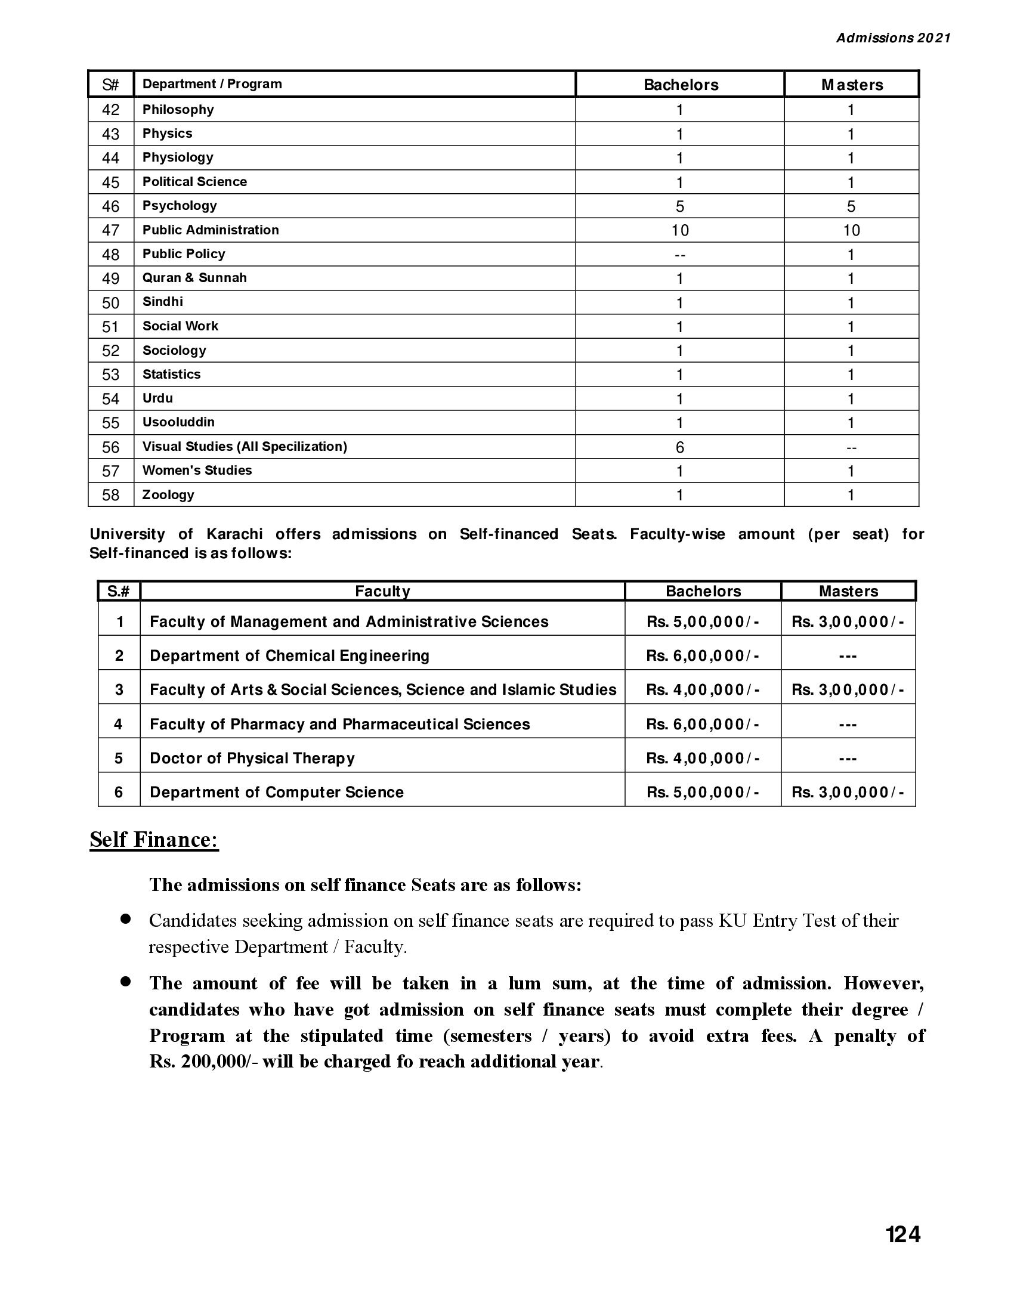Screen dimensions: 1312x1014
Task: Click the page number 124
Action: pyautogui.click(x=903, y=1235)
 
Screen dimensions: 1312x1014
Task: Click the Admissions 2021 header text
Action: pyautogui.click(x=894, y=38)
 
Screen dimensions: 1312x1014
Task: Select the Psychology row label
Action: pyautogui.click(x=179, y=206)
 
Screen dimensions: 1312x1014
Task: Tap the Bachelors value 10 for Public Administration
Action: pyautogui.click(x=680, y=230)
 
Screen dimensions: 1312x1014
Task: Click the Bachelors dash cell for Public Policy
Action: pyautogui.click(x=679, y=255)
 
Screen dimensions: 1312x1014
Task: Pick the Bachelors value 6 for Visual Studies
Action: pyautogui.click(x=679, y=447)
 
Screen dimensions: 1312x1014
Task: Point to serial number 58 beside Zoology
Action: pyautogui.click(x=110, y=495)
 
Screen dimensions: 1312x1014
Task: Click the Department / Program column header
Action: pyautogui.click(x=212, y=84)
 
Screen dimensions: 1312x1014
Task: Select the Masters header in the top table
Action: pyautogui.click(x=852, y=85)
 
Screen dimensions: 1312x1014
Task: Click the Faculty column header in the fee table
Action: pyautogui.click(x=382, y=591)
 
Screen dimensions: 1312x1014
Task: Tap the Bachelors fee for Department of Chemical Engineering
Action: pyautogui.click(x=702, y=655)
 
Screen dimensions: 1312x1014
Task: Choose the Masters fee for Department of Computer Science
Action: pyautogui.click(x=848, y=792)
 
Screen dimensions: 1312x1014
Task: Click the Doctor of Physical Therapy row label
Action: pyautogui.click(x=252, y=758)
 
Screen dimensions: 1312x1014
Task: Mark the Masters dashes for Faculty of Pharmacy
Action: pyautogui.click(x=848, y=725)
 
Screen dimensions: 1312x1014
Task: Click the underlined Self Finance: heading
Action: pyautogui.click(x=154, y=840)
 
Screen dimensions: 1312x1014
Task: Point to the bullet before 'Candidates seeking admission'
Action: pyautogui.click(x=125, y=919)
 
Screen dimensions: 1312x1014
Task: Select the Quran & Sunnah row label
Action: pyautogui.click(x=194, y=277)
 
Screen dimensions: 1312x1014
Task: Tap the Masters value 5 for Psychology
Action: pyautogui.click(x=851, y=207)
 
